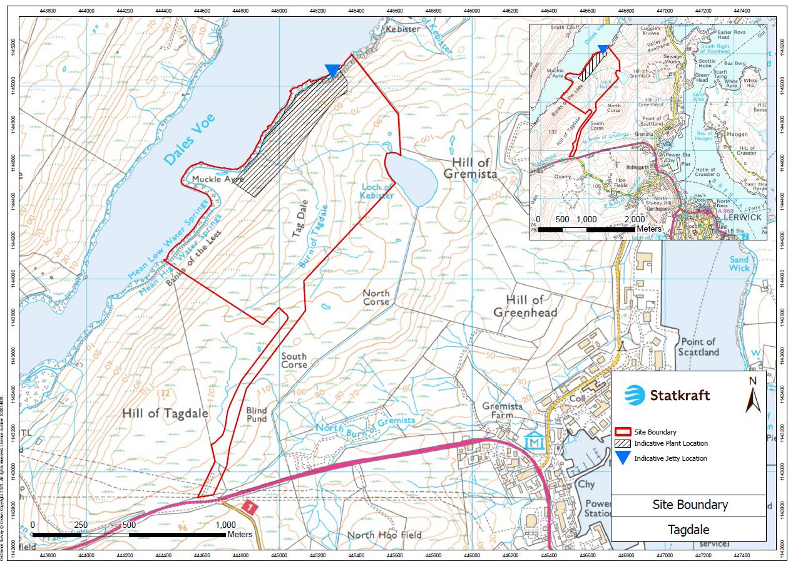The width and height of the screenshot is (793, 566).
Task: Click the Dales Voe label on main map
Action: tap(190, 140)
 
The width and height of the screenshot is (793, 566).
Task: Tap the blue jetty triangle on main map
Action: tap(332, 71)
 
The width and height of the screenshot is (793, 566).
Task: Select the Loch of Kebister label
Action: tap(377, 191)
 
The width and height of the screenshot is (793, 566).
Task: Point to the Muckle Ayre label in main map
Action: tap(218, 179)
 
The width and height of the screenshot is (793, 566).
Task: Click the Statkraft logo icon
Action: tap(635, 395)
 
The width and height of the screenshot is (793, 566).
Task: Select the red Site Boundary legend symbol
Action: tap(622, 432)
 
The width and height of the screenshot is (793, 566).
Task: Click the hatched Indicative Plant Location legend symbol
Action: tap(622, 443)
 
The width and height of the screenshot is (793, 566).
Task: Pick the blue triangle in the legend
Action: tap(622, 458)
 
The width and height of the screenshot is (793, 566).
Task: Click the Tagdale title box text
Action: tap(688, 530)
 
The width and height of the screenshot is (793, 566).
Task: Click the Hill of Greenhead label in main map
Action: tap(524, 306)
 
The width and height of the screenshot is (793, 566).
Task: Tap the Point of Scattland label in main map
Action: tap(698, 347)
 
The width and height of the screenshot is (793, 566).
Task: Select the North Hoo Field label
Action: tap(385, 535)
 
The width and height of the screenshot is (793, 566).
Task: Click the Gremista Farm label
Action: tap(502, 410)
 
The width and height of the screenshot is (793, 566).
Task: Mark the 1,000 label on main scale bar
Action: tap(225, 525)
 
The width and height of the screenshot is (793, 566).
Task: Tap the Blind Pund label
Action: tap(257, 414)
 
